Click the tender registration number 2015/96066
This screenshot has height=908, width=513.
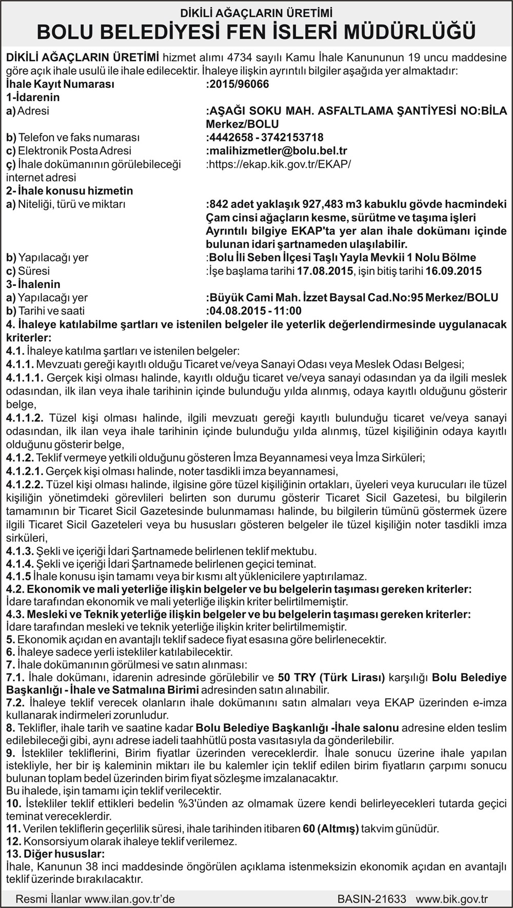coord(239,84)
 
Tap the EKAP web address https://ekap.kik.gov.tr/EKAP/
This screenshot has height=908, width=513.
coord(280,164)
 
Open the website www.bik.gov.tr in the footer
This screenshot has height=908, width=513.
coord(451,899)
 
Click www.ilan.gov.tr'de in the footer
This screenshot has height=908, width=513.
coord(130,899)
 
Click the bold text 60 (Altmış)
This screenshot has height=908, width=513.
coord(330,828)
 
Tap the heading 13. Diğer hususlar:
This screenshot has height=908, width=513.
coord(55,854)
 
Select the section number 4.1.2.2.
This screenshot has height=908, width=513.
coord(24,485)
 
